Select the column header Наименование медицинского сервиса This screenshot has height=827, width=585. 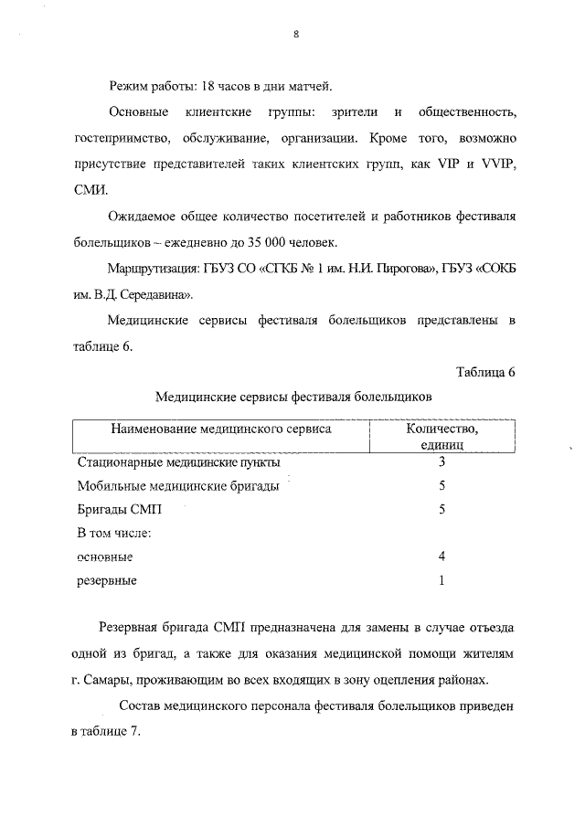(221, 428)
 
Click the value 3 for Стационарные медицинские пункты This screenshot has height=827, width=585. (441, 461)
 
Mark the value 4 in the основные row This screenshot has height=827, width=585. (441, 556)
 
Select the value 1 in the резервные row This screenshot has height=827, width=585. (441, 579)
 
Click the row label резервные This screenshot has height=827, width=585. (107, 580)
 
